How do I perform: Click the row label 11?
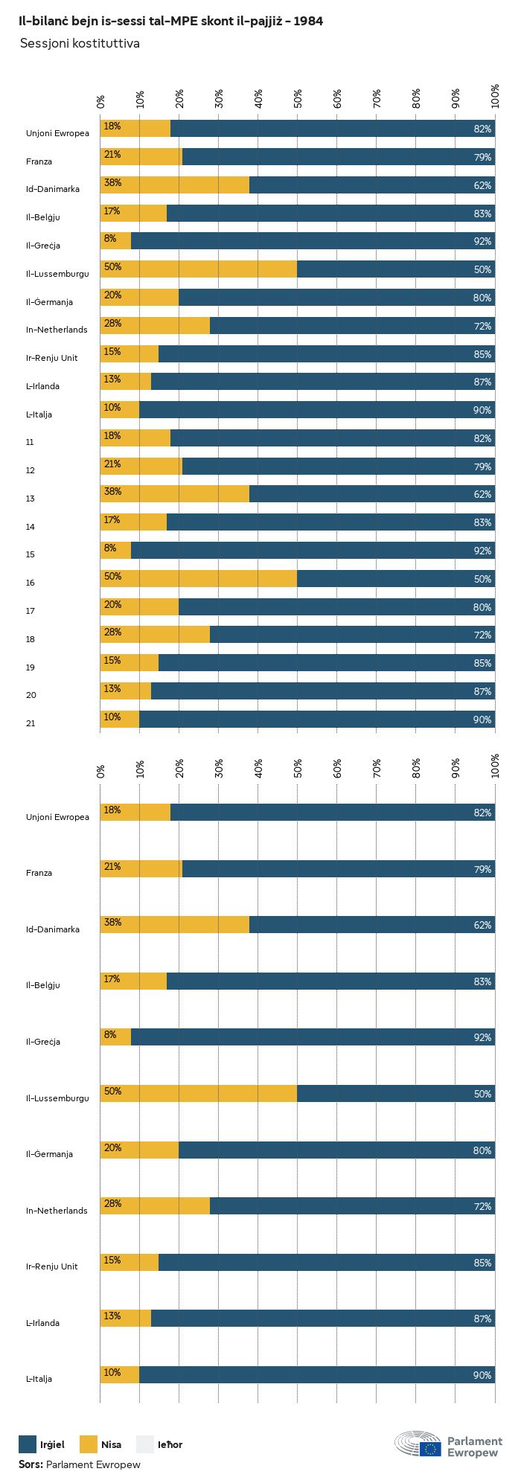[30, 442]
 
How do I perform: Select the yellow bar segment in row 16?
[199, 578]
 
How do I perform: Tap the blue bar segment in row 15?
[313, 551]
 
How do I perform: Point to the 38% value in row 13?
[112, 492]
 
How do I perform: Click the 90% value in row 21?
[482, 720]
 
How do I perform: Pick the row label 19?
[30, 667]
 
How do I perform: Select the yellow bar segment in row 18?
[155, 635]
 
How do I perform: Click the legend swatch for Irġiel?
[28, 1444]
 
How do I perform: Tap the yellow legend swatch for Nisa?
[89, 1444]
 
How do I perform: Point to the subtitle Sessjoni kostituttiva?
[80, 44]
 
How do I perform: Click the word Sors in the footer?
[30, 1464]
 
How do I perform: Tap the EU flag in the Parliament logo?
[429, 1448]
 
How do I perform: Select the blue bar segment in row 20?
[322, 691]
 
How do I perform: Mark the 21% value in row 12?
[112, 464]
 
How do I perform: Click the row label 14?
[30, 527]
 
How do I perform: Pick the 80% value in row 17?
[482, 607]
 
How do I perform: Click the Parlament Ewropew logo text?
[474, 1447]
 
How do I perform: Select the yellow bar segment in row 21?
[120, 720]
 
